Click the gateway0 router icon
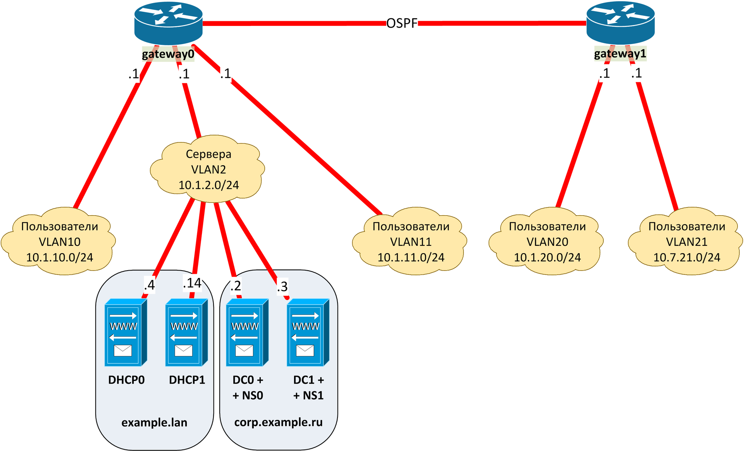tap(168, 22)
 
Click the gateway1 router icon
tap(620, 22)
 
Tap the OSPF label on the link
tap(402, 24)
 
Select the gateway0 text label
tap(168, 54)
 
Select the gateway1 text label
tap(620, 53)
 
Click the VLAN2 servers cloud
tap(208, 170)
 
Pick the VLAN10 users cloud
tap(59, 242)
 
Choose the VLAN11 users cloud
tap(410, 242)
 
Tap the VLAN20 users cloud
tap(547, 242)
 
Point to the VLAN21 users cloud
tap(686, 242)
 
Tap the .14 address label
tap(192, 283)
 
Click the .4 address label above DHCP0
tap(149, 285)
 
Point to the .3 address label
tap(282, 286)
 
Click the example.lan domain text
tap(154, 422)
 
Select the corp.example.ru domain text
tap(278, 422)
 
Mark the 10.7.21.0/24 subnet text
tap(686, 257)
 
